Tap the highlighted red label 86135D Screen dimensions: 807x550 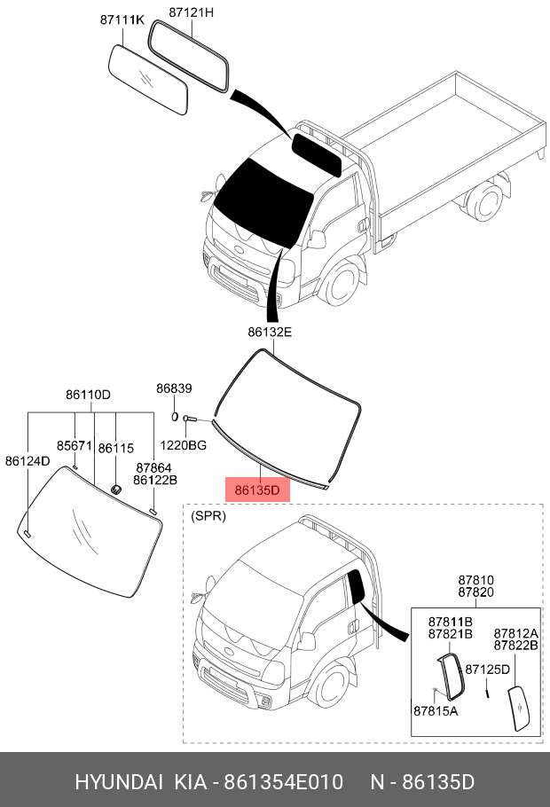pos(257,489)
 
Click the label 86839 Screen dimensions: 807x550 pos(174,388)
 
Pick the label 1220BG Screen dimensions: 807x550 pos(184,444)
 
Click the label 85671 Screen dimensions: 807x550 pos(75,445)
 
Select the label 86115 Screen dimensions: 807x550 pos(115,449)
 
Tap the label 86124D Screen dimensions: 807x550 pos(27,461)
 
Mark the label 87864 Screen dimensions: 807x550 pos(153,467)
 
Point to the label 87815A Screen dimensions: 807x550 pos(436,710)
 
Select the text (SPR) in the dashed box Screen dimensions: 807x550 pos(209,515)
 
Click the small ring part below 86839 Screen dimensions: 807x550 pos(175,416)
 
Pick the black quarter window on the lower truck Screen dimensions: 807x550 pos(358,587)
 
